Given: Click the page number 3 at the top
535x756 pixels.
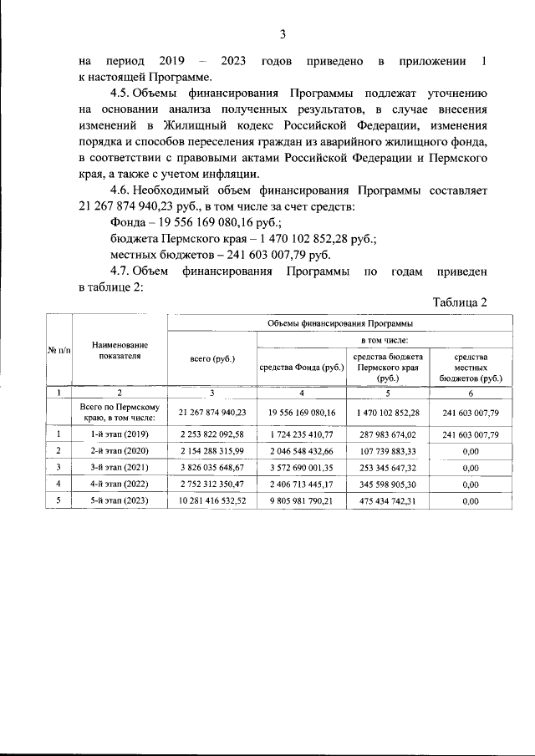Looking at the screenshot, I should pyautogui.click(x=282, y=34).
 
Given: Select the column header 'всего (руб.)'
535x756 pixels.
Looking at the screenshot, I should pyautogui.click(x=212, y=359).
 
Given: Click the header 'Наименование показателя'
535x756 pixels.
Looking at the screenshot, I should pyautogui.click(x=120, y=350).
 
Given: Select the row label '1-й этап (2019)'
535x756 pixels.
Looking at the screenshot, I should pyautogui.click(x=120, y=434).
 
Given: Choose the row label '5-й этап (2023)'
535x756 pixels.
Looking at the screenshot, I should pyautogui.click(x=120, y=501).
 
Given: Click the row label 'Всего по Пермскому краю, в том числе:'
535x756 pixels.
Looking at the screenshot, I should pyautogui.click(x=120, y=412).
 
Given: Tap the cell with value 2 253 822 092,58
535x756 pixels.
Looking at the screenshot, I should pyautogui.click(x=212, y=434).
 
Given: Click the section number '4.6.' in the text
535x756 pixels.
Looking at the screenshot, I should pyautogui.click(x=124, y=190).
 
